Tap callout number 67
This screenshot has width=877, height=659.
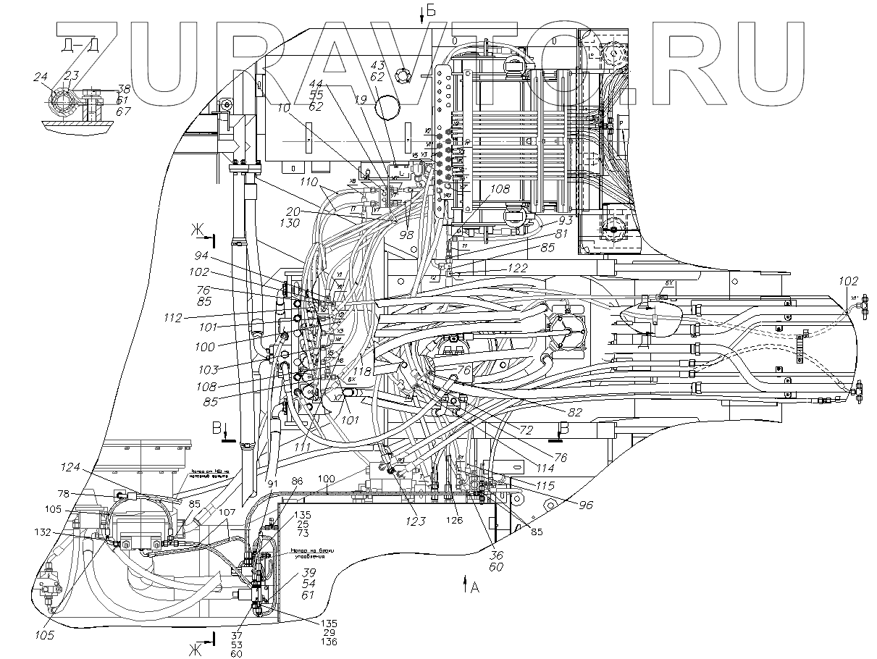click(124, 112)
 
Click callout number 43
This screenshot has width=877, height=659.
click(398, 64)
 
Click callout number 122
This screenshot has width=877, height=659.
click(517, 267)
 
